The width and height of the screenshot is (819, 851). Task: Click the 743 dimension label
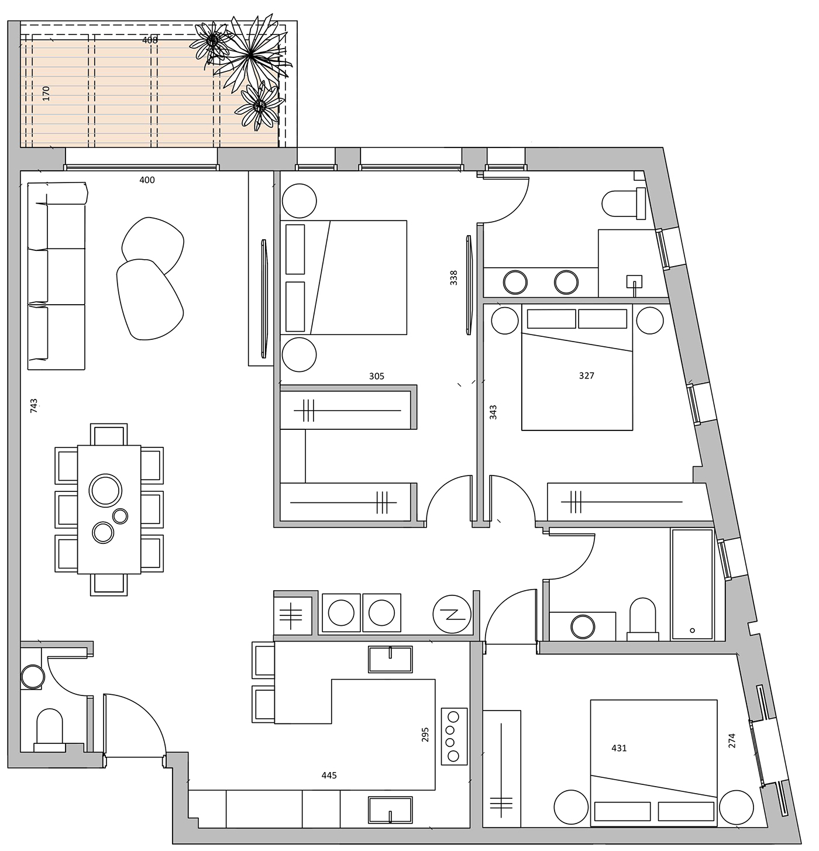click(34, 405)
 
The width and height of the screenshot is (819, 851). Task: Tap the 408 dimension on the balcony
click(150, 40)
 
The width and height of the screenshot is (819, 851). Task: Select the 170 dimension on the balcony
click(46, 93)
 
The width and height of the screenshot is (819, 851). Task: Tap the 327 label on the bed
click(586, 375)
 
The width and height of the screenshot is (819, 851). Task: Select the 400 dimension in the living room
click(147, 180)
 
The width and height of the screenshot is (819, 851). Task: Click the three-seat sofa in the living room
click(57, 276)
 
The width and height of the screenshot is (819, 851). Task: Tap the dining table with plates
click(109, 509)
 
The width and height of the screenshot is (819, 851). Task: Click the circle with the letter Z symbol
click(452, 614)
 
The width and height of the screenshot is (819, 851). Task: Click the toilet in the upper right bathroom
click(623, 204)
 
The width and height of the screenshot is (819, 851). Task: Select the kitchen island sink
click(390, 660)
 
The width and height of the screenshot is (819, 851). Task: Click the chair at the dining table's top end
click(109, 434)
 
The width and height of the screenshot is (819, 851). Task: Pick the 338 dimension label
click(454, 278)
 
